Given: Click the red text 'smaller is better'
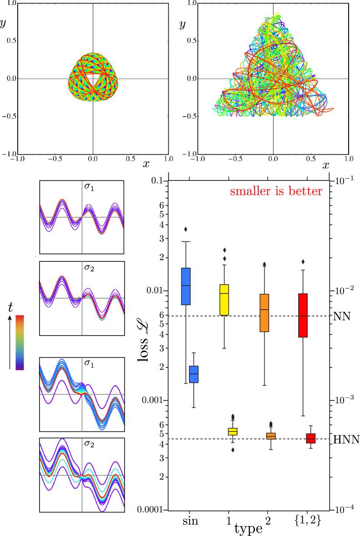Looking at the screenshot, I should [x=276, y=191].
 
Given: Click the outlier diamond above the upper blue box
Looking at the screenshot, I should [x=185, y=229].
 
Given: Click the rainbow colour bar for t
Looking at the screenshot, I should [x=20, y=342].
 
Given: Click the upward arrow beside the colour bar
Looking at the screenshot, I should [x=10, y=342].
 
